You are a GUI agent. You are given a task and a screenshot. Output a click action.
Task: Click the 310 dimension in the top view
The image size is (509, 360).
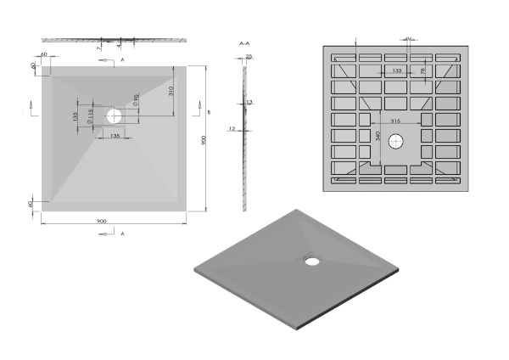[x=171, y=90]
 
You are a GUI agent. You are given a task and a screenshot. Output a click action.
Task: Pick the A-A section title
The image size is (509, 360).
[x=245, y=42]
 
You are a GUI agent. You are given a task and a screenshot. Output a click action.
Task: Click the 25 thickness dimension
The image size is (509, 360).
[x=249, y=56]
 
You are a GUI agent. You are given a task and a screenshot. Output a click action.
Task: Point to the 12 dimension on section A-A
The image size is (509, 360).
[x=231, y=128]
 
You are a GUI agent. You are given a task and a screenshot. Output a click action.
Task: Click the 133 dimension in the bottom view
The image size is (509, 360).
[x=397, y=71]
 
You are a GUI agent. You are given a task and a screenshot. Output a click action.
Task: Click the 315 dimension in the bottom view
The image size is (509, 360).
[x=395, y=123]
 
